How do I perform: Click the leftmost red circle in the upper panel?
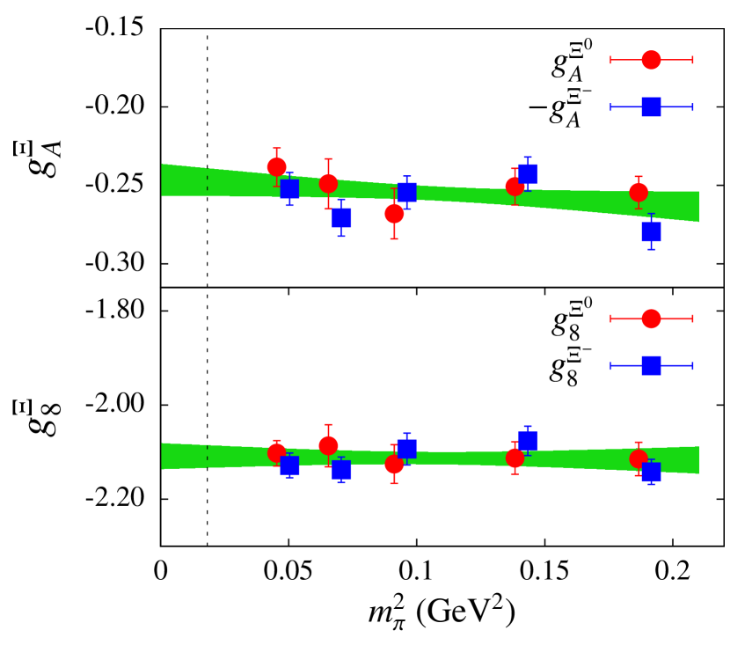(276, 166)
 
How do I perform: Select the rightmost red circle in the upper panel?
(639, 192)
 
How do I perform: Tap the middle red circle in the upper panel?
(394, 213)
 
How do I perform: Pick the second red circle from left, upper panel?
(328, 183)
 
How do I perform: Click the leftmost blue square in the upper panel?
(289, 188)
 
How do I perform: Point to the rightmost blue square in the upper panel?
(651, 231)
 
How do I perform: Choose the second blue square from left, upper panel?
(341, 217)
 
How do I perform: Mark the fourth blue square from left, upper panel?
(528, 173)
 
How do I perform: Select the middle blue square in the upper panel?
(406, 192)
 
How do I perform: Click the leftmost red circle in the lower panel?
(276, 452)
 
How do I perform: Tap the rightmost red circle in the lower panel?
(639, 458)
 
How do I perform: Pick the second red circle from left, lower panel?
(328, 445)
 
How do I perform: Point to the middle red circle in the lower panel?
(394, 464)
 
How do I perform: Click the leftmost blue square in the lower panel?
(289, 465)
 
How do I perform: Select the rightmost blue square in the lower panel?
(651, 472)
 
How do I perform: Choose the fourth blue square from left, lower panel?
(528, 440)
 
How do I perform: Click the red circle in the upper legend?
(651, 60)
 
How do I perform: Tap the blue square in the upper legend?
(651, 107)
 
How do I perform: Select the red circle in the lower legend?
(651, 319)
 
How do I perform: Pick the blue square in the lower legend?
(651, 365)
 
